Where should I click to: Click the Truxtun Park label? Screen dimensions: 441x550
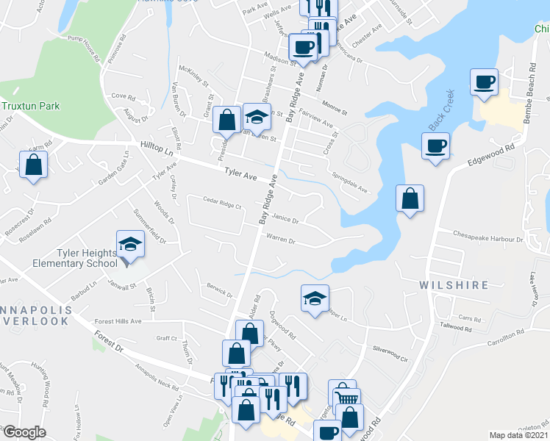[x=30, y=106]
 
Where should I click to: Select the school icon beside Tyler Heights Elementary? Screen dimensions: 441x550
[x=130, y=243]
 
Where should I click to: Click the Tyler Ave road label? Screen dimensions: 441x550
[x=240, y=174]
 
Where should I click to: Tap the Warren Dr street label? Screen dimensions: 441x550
[x=280, y=240]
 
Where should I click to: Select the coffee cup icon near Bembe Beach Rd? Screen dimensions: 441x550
[x=484, y=83]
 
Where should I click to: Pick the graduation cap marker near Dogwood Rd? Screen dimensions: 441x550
[x=314, y=298]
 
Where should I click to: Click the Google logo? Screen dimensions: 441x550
[x=24, y=432]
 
